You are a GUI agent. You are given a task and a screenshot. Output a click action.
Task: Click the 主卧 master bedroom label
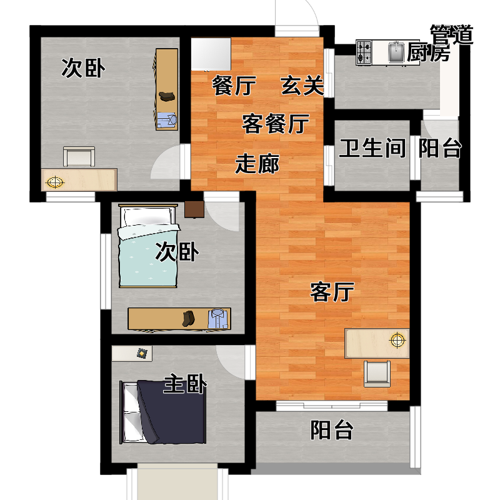tap(185, 384)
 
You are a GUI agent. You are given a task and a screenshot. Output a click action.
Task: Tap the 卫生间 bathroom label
tap(372, 148)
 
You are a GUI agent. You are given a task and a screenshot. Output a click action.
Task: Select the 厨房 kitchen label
tap(428, 52)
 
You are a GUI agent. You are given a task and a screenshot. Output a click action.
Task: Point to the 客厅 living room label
tap(332, 292)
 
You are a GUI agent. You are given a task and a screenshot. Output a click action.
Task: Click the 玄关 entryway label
tap(302, 86)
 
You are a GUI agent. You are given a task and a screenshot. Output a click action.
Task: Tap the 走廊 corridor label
tap(257, 164)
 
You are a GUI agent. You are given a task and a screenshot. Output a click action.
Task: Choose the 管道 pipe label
tap(451, 34)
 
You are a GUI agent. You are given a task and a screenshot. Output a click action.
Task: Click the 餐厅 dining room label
tap(234, 86)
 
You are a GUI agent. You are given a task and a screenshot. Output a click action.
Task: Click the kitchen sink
tap(396, 52)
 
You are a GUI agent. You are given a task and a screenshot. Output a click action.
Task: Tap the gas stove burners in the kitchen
tap(364, 52)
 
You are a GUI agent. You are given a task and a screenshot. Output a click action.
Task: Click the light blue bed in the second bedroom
tap(148, 246)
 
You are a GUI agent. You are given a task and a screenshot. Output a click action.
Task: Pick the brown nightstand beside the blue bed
tap(194, 209)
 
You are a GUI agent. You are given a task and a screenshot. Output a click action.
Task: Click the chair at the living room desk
tap(377, 374)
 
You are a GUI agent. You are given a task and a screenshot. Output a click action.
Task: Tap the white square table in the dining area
tap(211, 54)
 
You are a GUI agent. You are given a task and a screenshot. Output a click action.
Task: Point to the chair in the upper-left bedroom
tap(79, 156)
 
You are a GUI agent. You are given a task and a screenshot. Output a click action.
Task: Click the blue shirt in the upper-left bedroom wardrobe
tap(166, 120)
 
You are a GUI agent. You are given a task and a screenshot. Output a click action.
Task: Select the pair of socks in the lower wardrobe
tap(189, 319)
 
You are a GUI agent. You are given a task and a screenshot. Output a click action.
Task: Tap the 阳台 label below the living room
tap(332, 430)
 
